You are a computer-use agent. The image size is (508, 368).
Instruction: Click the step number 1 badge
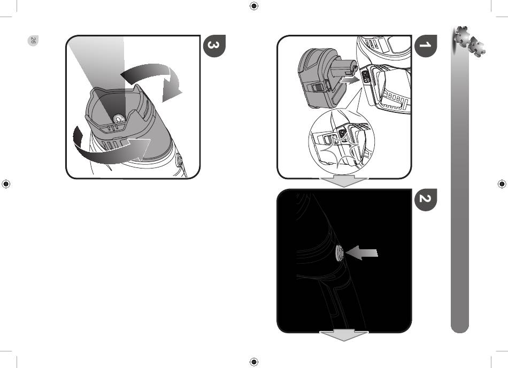pos(426,46)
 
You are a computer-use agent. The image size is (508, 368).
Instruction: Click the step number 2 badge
pos(426,200)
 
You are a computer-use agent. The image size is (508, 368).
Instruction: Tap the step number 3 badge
pos(214,46)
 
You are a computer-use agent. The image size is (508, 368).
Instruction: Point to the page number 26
pos(33,41)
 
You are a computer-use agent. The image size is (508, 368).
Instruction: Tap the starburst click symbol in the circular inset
pos(341,151)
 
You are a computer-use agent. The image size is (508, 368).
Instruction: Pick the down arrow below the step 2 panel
pos(344,335)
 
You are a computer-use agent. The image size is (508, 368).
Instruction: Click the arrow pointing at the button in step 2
pos(361,252)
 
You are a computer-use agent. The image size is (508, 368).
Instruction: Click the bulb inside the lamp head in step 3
pos(118,119)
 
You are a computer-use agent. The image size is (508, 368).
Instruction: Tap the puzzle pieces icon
pos(469,41)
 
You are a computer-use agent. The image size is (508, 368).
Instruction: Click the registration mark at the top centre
pos(254,6)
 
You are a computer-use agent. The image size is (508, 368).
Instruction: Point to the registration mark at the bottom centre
pos(254,362)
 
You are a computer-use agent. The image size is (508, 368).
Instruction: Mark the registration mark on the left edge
pos(6,183)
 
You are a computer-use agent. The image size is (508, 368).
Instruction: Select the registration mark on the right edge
pos(502,183)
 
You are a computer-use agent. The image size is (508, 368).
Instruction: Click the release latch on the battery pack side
pos(318,88)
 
